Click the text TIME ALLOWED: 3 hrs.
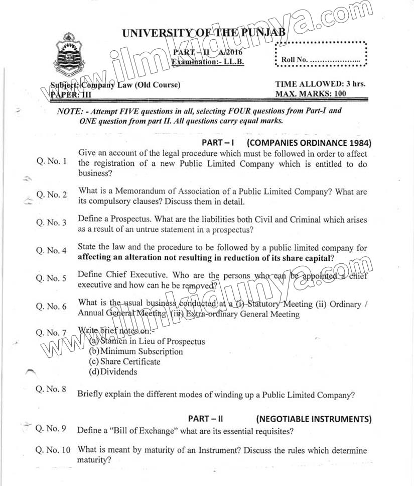click(x=320, y=84)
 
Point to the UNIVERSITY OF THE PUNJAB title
click(x=204, y=34)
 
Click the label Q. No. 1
click(x=51, y=161)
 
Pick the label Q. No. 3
click(x=51, y=222)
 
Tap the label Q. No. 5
click(x=51, y=278)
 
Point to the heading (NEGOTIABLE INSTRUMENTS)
click(x=314, y=419)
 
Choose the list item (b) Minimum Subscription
click(x=136, y=351)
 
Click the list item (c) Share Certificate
click(x=125, y=361)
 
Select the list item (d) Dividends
click(x=113, y=372)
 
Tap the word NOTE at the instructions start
click(x=69, y=111)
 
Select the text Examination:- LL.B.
click(x=208, y=62)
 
